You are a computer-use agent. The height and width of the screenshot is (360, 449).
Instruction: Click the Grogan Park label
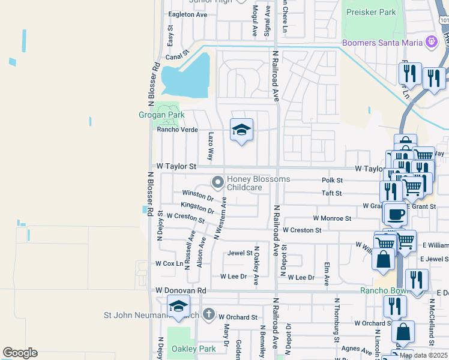(x=161, y=115)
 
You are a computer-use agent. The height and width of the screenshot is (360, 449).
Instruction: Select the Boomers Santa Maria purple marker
(x=430, y=41)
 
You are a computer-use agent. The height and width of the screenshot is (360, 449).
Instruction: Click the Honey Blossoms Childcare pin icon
(x=218, y=181)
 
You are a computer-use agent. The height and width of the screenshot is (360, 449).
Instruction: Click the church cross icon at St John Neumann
(x=208, y=314)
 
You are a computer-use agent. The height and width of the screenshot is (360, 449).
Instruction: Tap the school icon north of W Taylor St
(x=241, y=130)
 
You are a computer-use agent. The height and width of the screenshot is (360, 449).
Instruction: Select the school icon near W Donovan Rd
(x=178, y=306)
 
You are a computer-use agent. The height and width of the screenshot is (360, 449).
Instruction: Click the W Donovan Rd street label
(x=181, y=290)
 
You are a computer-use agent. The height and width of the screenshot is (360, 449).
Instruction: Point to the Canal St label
(x=173, y=58)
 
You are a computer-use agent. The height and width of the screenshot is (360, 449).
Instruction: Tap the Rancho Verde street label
(x=178, y=130)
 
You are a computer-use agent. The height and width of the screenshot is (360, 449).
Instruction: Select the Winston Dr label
(x=198, y=195)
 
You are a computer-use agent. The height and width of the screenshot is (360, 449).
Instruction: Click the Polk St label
(x=332, y=180)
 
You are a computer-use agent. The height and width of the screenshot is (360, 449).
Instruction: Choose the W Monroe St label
(x=332, y=219)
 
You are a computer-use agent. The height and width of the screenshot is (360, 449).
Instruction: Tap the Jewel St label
(x=240, y=253)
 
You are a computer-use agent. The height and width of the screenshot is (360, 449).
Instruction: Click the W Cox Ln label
(x=169, y=263)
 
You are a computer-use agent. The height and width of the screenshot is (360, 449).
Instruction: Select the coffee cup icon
(x=395, y=214)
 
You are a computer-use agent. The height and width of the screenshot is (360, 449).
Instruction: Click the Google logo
(x=20, y=353)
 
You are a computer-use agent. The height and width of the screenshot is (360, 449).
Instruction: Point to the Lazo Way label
(x=211, y=146)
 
